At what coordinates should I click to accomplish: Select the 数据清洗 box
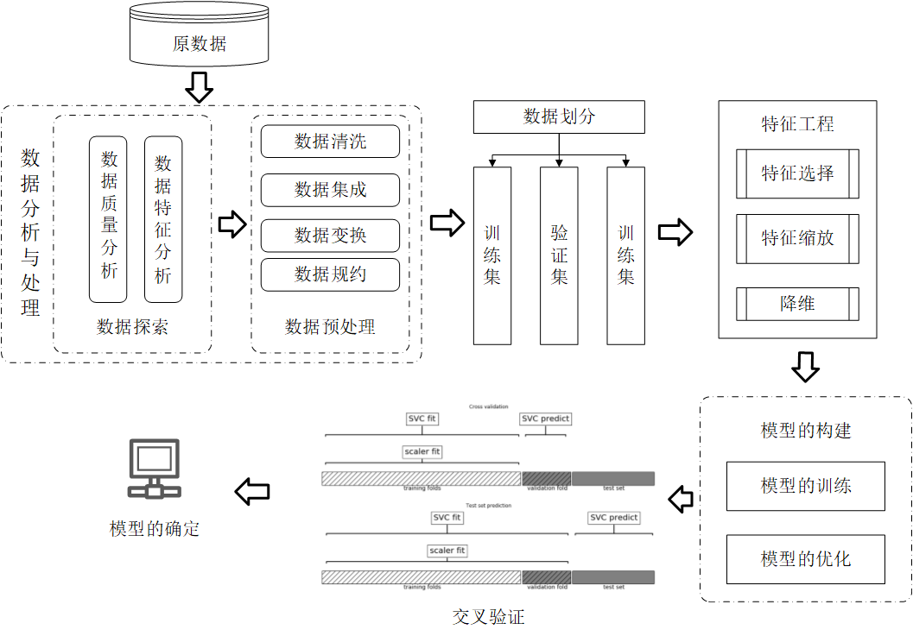point(330,142)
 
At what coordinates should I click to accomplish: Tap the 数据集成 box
point(330,190)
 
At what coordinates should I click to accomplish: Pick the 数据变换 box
point(330,235)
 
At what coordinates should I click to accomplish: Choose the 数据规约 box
point(330,274)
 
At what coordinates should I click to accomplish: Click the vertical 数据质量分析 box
point(108,219)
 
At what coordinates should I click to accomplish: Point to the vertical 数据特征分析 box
point(163,219)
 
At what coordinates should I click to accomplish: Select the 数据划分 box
point(559,116)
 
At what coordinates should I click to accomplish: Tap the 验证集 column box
point(559,255)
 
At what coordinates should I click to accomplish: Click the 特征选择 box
point(797,173)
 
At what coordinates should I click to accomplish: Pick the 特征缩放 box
point(797,238)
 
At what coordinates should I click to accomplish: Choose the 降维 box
point(797,304)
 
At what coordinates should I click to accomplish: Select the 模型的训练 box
point(806,486)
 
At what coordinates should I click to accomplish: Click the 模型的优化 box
point(806,559)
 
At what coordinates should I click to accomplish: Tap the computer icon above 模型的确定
point(154,469)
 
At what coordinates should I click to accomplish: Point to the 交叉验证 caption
point(488,617)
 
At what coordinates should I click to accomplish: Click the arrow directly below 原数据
point(200,86)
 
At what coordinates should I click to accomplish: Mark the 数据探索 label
point(132,327)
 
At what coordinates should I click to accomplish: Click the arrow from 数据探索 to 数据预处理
point(231,224)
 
